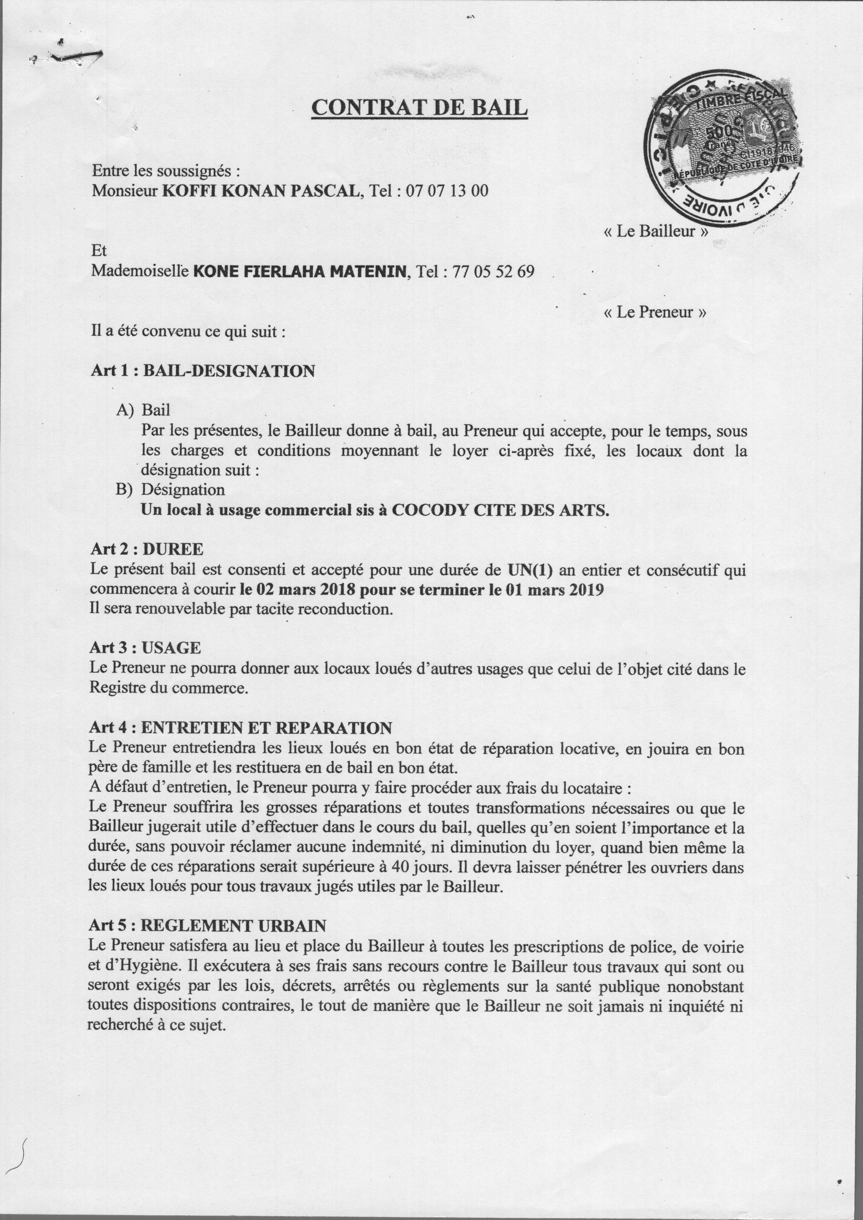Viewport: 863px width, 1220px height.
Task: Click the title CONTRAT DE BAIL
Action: coord(419,107)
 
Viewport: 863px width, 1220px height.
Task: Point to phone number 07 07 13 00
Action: coord(446,190)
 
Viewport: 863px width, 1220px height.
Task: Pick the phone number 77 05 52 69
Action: coord(493,272)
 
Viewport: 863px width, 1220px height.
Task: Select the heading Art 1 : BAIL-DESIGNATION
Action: coord(203,371)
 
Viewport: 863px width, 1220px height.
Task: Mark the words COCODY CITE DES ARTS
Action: coord(500,510)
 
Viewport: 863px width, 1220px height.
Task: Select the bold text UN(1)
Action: coord(530,570)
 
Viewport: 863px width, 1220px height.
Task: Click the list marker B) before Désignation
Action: coord(124,489)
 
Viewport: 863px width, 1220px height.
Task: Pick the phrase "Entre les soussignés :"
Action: coord(166,171)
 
